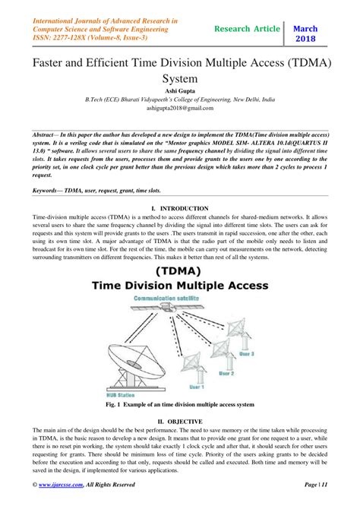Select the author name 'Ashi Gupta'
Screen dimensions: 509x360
click(179, 90)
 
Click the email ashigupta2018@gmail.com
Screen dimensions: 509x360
click(179, 108)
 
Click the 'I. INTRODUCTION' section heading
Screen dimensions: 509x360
click(180, 207)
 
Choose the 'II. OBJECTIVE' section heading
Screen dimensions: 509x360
click(180, 421)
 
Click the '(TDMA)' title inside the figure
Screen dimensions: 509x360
click(180, 271)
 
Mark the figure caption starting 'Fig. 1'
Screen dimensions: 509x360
click(180, 406)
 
